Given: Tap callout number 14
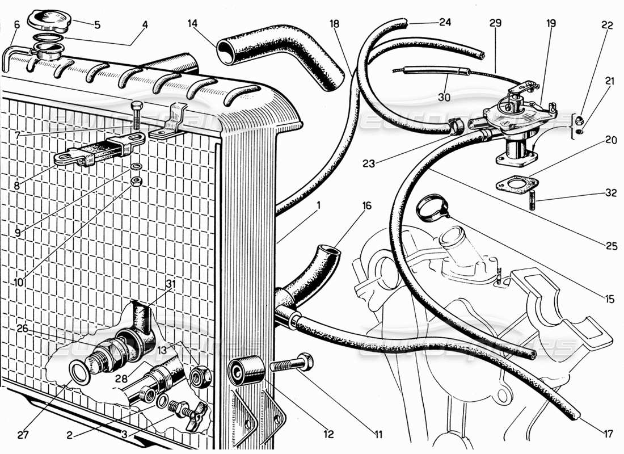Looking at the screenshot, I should (192, 24).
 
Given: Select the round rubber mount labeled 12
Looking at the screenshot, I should (245, 371).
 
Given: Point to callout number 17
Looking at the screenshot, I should (608, 435).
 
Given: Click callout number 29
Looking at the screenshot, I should (495, 24).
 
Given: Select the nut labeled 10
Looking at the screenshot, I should (136, 182).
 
